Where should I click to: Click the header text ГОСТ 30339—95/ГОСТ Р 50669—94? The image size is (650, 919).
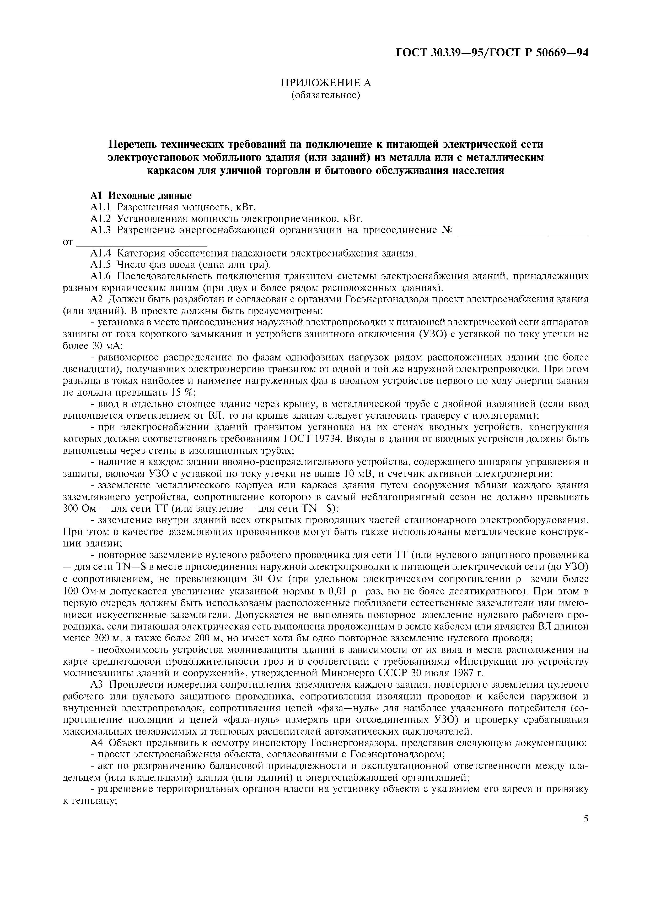(492, 53)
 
